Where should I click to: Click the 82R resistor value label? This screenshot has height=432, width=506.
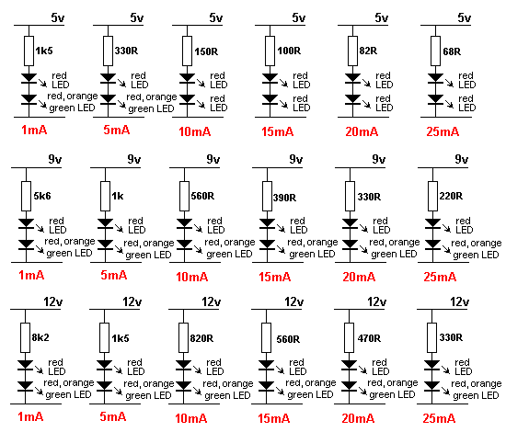pyautogui.click(x=368, y=51)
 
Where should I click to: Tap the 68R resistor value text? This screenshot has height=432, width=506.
pyautogui.click(x=452, y=51)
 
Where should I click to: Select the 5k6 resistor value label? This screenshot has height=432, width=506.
pyautogui.click(x=42, y=196)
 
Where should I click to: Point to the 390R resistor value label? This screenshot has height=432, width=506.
pyautogui.click(x=284, y=198)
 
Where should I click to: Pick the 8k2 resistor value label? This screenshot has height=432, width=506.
pyautogui.click(x=40, y=337)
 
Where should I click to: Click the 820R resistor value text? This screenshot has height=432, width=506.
pyautogui.click(x=201, y=338)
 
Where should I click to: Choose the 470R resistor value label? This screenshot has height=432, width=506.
pyautogui.click(x=369, y=338)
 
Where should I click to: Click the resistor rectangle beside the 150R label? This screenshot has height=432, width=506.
pyautogui.click(x=187, y=51)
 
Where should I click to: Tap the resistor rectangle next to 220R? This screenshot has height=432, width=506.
pyautogui.click(x=432, y=197)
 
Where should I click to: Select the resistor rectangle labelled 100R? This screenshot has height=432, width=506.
pyautogui.click(x=270, y=51)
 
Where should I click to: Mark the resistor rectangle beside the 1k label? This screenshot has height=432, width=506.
pyautogui.click(x=105, y=197)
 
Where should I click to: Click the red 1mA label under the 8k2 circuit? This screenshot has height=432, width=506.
pyautogui.click(x=30, y=417)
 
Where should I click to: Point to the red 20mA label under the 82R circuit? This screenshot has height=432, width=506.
pyautogui.click(x=362, y=131)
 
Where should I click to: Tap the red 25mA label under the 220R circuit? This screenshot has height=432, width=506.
pyautogui.click(x=440, y=277)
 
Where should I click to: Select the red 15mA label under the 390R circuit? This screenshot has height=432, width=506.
pyautogui.click(x=275, y=277)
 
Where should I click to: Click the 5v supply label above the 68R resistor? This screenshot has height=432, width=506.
pyautogui.click(x=464, y=17)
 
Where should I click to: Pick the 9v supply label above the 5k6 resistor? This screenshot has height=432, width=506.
pyautogui.click(x=55, y=159)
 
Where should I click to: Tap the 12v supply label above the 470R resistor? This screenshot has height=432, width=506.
pyautogui.click(x=376, y=302)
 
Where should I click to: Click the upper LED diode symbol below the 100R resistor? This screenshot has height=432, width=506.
pyautogui.click(x=270, y=79)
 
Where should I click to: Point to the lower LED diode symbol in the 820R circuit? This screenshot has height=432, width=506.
pyautogui.click(x=183, y=386)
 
